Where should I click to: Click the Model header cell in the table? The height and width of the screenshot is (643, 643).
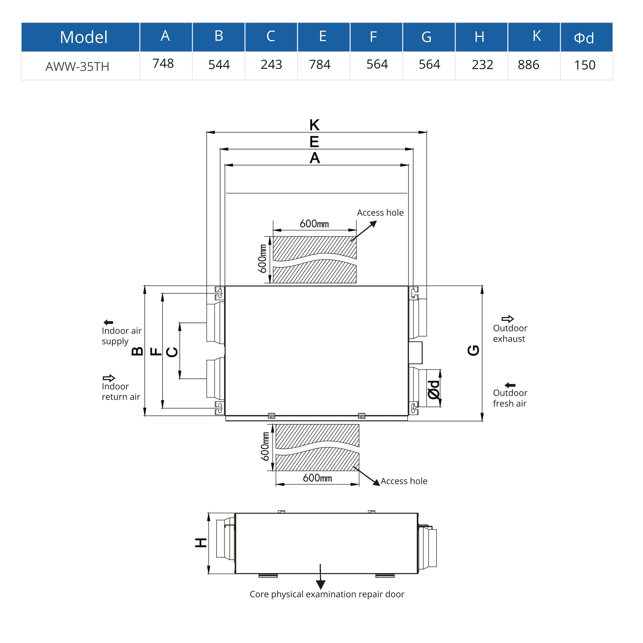84,37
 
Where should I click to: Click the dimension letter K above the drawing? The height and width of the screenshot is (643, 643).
314,125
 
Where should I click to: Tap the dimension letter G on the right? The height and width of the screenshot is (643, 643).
473,350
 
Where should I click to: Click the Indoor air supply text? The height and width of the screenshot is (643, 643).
121,336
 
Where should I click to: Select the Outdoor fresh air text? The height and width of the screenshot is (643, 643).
510,398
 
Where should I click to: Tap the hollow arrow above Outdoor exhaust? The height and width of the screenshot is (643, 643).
508,319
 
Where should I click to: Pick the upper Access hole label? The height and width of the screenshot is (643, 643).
380,213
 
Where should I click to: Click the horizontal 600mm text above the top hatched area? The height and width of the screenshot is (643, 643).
314,224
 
